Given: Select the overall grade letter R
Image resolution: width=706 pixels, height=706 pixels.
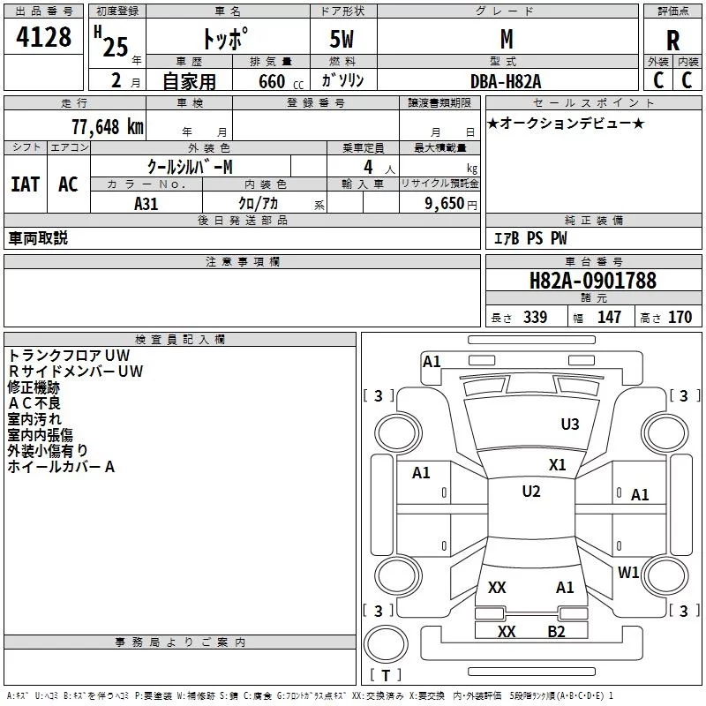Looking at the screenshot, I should (x=672, y=41).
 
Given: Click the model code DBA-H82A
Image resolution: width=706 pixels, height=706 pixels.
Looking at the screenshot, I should (x=507, y=80).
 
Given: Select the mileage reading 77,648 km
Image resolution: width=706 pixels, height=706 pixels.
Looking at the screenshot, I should (x=107, y=126).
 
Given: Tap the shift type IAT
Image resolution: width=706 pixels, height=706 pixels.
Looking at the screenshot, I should (x=25, y=184).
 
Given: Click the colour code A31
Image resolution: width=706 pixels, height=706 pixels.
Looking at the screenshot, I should (x=146, y=203).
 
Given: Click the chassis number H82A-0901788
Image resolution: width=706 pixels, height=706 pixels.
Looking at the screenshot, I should (x=592, y=282).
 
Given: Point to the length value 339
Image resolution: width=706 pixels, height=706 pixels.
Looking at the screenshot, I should (x=534, y=318).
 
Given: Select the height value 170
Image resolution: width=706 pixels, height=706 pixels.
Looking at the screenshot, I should (x=680, y=318).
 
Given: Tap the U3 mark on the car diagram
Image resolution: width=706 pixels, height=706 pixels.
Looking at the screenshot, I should (x=570, y=424).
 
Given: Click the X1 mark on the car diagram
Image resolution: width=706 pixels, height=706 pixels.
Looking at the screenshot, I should (x=557, y=465).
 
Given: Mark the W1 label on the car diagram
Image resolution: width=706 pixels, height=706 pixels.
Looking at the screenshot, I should (x=628, y=573).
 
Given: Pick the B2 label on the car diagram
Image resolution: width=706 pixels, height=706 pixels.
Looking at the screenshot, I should (x=556, y=631).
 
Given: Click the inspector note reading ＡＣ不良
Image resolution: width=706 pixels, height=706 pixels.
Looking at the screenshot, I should (x=34, y=403).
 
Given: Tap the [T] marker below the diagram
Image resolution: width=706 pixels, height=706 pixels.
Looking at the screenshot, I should (x=386, y=676).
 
